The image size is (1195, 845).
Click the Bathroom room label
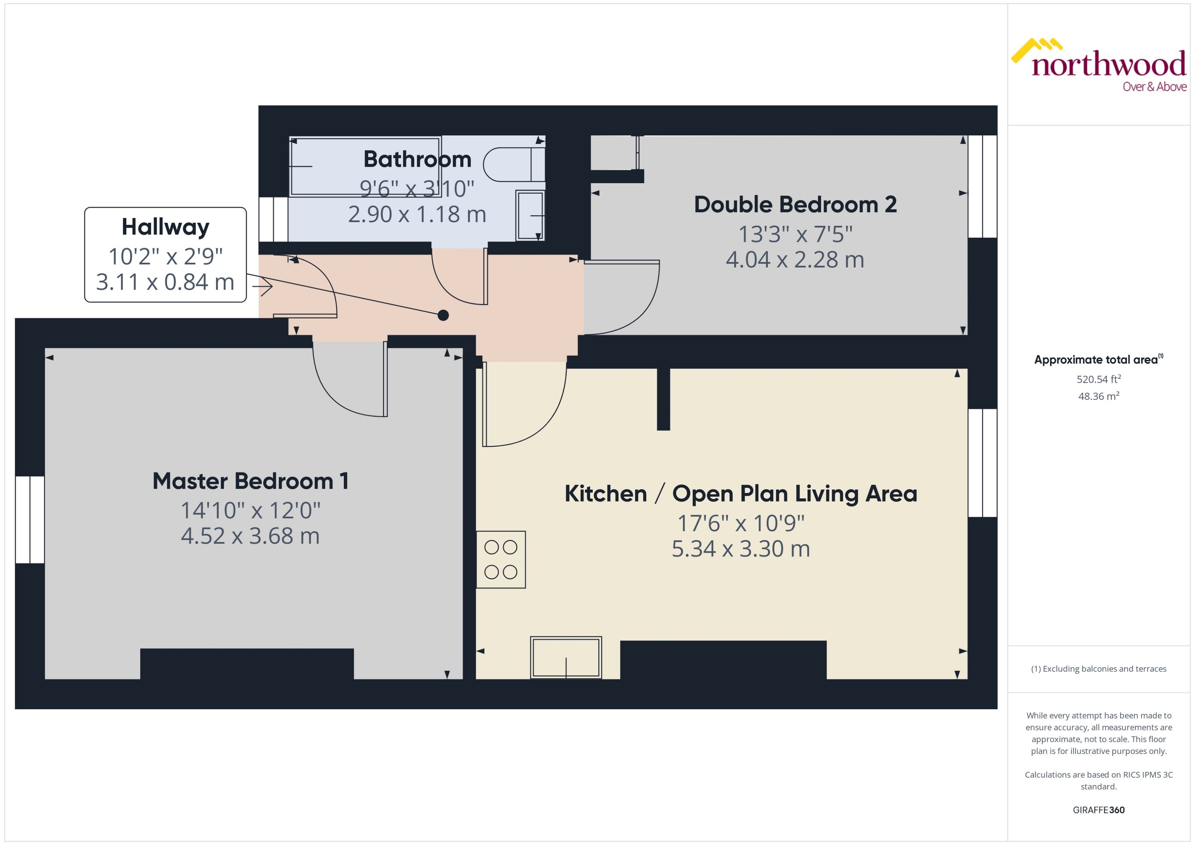[x=417, y=159]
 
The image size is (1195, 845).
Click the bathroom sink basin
[x=530, y=215]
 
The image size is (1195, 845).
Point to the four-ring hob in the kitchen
[x=501, y=559]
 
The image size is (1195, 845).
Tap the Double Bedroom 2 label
[x=795, y=204]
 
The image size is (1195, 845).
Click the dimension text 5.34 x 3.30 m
[x=741, y=549]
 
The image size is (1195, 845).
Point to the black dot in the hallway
[x=443, y=315]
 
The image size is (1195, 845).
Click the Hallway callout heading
[x=165, y=227]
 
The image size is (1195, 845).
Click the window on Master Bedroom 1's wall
[x=30, y=519]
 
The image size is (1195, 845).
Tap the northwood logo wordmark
[x=1108, y=65]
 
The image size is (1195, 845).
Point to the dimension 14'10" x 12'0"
[x=251, y=510]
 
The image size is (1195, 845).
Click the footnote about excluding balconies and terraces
[x=1098, y=669]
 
